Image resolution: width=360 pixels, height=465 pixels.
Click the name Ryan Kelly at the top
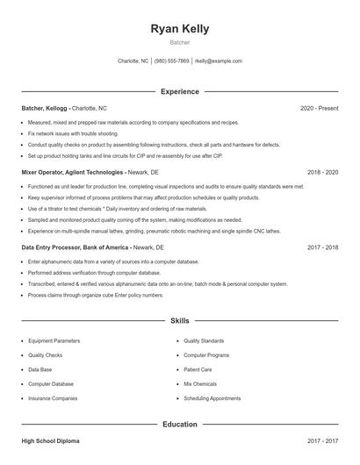pos(179,28)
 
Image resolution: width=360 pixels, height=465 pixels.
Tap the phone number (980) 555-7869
pos(171,61)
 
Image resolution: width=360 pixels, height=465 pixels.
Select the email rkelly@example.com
pos(218,61)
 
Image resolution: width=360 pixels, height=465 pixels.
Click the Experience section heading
pos(179,91)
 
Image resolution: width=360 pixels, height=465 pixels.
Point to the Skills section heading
pos(179,321)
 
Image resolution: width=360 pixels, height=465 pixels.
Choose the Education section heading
pos(179,424)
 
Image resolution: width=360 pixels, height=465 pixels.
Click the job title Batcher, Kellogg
pos(45,108)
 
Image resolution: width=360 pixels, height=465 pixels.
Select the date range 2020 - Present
pos(319,108)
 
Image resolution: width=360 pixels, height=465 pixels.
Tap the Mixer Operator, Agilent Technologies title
pos(73,173)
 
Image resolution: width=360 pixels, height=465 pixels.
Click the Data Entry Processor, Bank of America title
pos(75,248)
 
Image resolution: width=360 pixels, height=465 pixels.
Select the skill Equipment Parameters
pos(54,340)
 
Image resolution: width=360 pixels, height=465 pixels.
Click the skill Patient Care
pos(198,369)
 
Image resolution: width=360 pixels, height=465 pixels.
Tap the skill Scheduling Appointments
pos(212,398)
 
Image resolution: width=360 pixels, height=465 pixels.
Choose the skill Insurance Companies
pos(53,398)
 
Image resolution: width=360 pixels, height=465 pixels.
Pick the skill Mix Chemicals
pos(199,383)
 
